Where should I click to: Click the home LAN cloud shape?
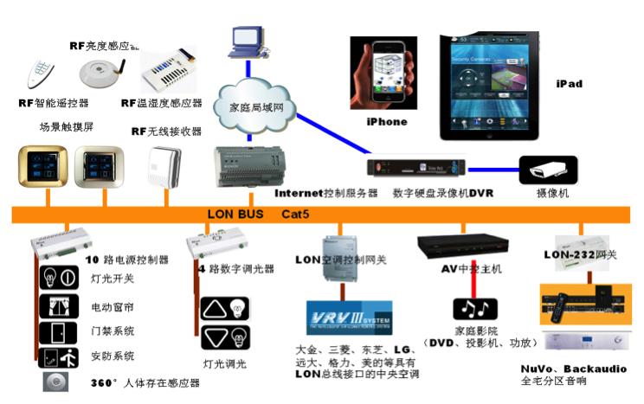pyautogui.click(x=260, y=107)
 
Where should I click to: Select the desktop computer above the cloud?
pyautogui.click(x=243, y=41)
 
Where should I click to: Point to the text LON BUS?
pyautogui.click(x=235, y=214)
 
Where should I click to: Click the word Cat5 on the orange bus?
pyautogui.click(x=297, y=214)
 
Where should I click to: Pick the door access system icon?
pyautogui.click(x=60, y=331)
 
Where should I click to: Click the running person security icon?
pyautogui.click(x=60, y=356)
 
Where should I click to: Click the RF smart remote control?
pyautogui.click(x=37, y=73)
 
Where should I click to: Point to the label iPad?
pyautogui.click(x=569, y=84)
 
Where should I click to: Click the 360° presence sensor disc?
pyautogui.click(x=56, y=382)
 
